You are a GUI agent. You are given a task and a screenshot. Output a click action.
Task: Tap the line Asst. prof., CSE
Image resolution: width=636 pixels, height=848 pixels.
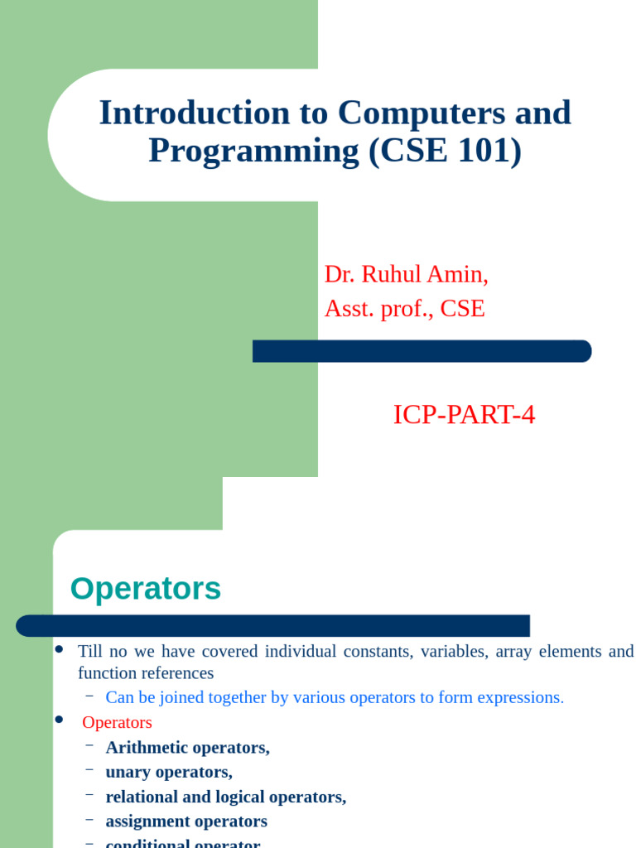(404, 309)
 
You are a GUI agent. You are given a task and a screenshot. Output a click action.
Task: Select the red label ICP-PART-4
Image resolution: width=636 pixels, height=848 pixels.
(464, 415)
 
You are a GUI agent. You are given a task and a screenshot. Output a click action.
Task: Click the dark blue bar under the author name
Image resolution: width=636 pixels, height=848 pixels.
(422, 351)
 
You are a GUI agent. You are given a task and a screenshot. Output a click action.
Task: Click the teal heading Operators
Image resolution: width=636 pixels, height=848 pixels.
(146, 589)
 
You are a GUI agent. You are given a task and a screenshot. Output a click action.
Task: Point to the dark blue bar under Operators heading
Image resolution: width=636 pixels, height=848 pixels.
(273, 625)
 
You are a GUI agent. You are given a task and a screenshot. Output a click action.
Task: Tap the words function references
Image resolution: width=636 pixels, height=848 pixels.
(146, 673)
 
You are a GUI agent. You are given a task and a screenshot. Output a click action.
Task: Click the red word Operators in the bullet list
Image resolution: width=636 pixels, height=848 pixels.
(118, 722)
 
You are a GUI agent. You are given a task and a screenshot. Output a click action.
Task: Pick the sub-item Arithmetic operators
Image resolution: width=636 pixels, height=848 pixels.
(187, 747)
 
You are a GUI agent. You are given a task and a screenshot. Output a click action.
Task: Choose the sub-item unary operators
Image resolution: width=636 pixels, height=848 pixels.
(169, 772)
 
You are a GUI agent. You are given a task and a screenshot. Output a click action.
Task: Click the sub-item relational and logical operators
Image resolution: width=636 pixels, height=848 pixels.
(225, 797)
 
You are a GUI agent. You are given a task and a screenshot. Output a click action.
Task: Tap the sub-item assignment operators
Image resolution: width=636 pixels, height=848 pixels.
(186, 821)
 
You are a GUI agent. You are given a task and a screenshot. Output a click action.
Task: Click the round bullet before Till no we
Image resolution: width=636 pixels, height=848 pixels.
(59, 649)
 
